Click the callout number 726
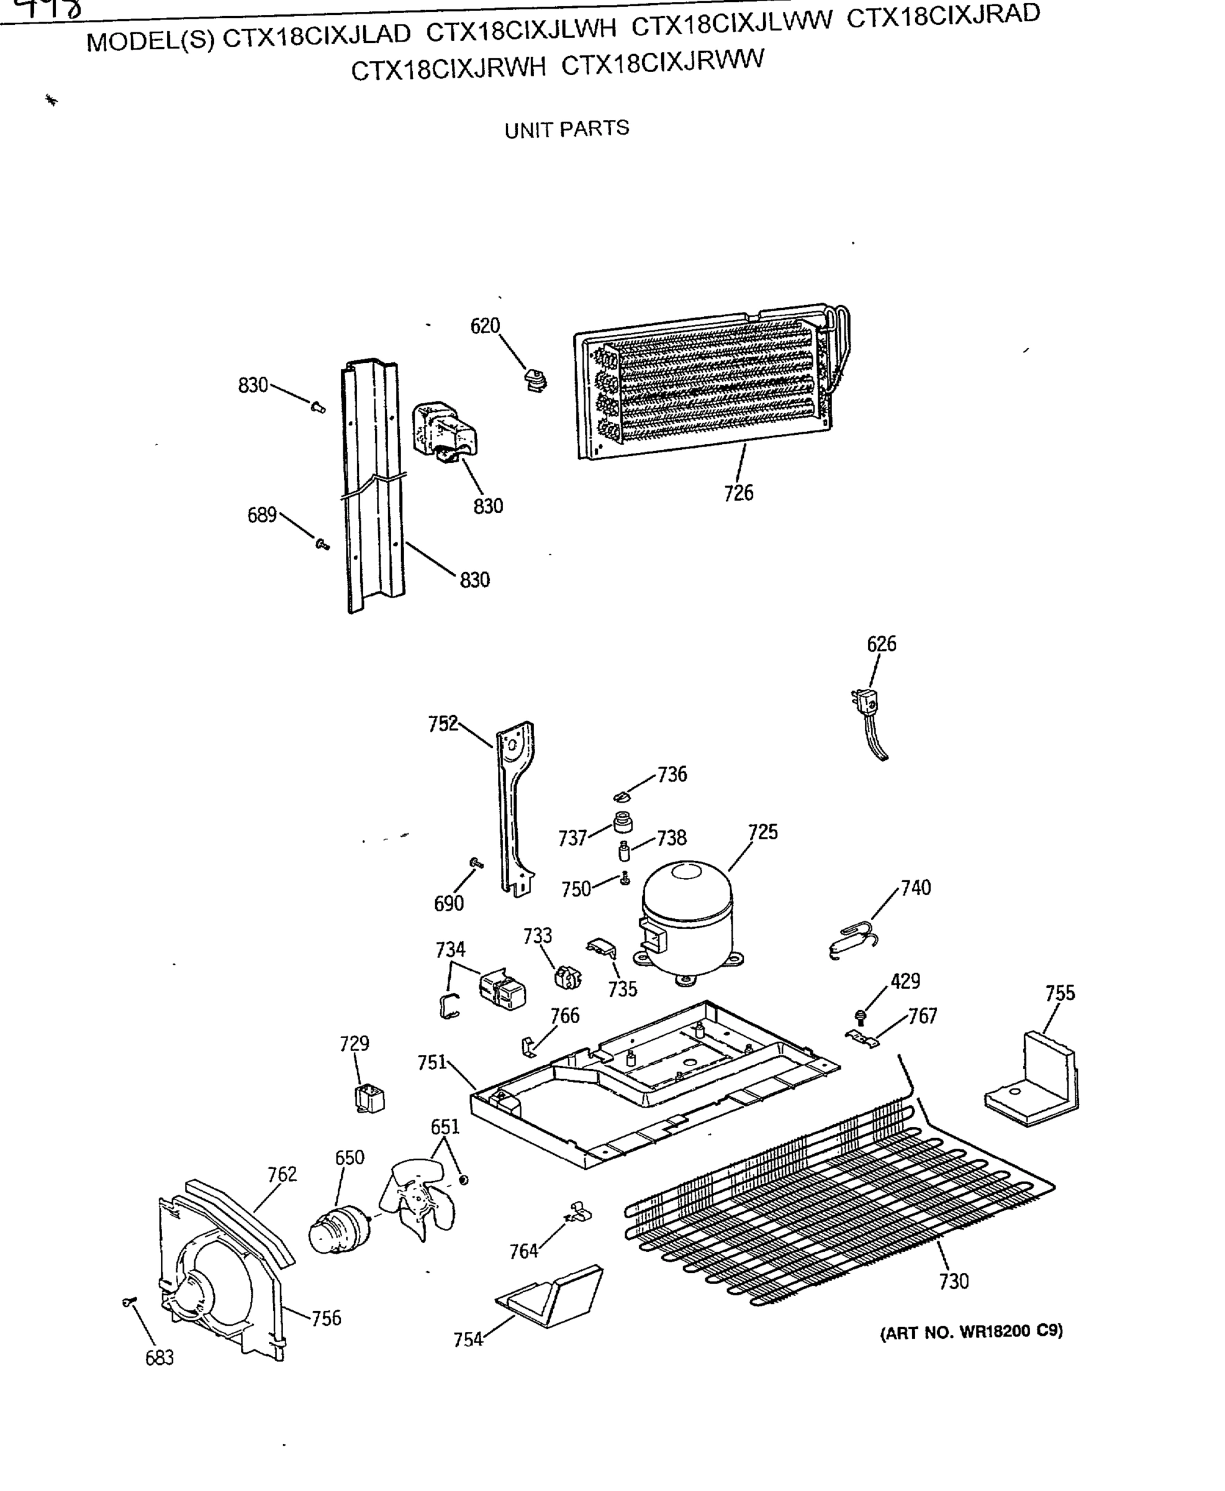click(738, 493)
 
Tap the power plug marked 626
click(868, 706)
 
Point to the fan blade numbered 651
click(417, 1205)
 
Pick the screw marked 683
click(129, 1301)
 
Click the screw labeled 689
click(322, 544)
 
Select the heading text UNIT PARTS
click(567, 129)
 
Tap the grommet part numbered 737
click(622, 822)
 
